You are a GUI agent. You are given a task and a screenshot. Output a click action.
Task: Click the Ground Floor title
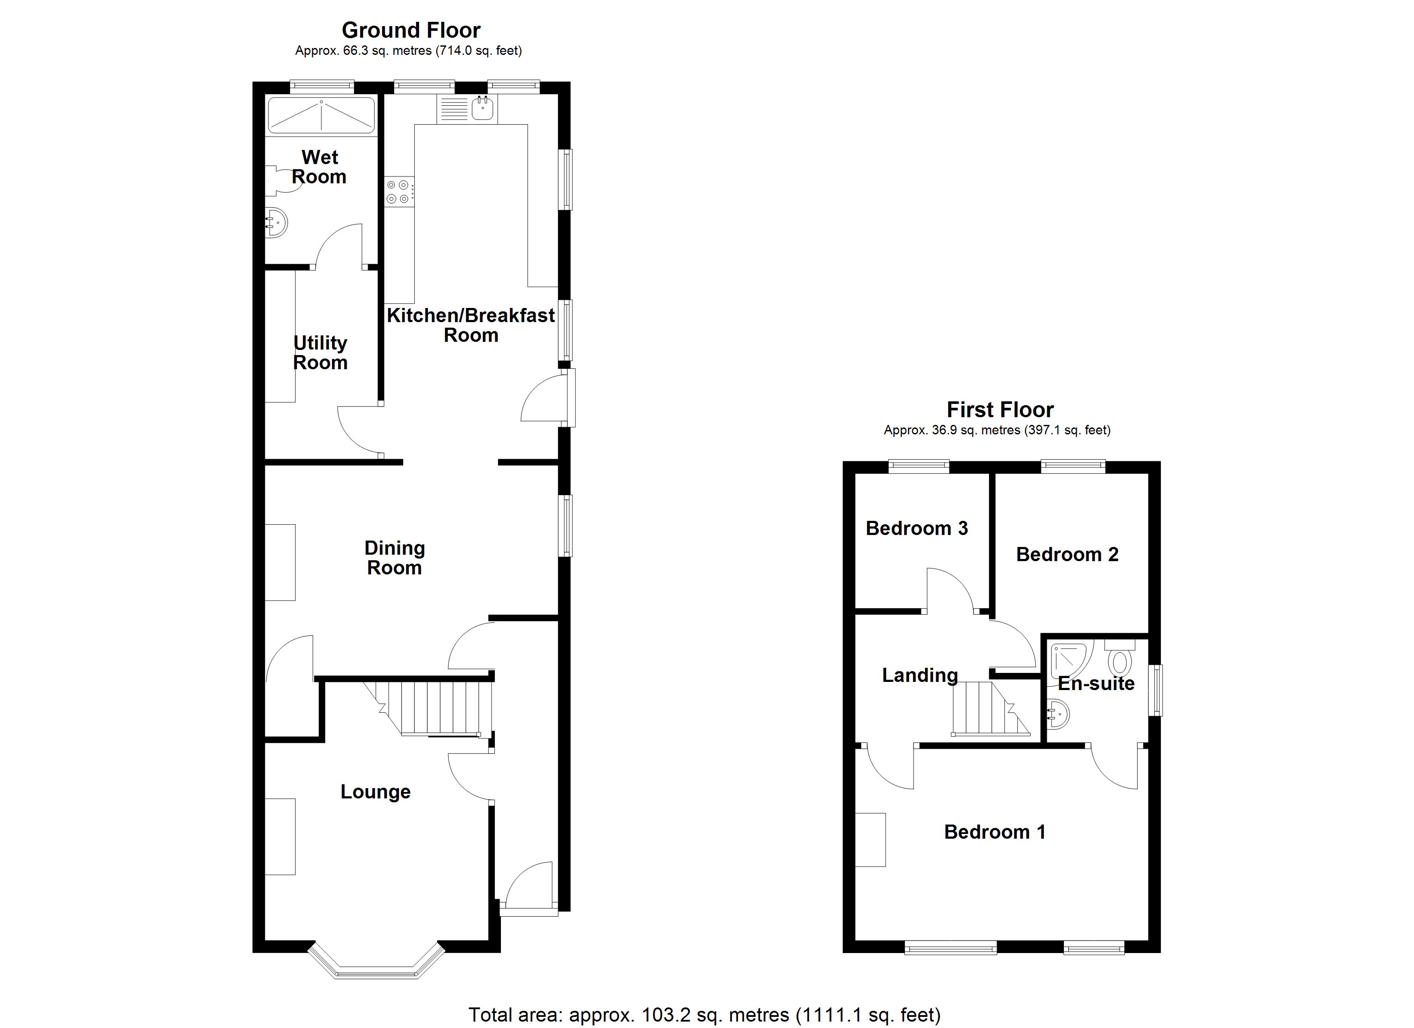point(411,30)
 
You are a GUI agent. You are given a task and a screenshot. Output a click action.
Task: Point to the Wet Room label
point(319,167)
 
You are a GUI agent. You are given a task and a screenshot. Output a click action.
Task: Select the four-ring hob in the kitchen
point(398,191)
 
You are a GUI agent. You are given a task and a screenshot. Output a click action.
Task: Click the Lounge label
point(375,792)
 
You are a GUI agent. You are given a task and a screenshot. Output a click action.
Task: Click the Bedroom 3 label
point(917,528)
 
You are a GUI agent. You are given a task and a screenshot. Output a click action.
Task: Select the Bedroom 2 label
point(1067,554)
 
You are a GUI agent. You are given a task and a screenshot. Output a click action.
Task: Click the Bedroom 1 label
point(995,832)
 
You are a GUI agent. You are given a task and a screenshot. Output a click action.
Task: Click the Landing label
point(920,675)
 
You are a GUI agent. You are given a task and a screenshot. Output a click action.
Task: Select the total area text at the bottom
point(704,1015)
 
